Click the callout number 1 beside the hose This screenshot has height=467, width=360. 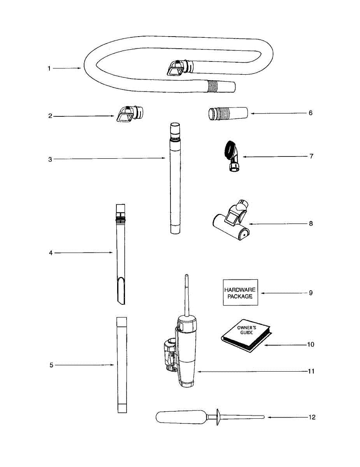click(49, 68)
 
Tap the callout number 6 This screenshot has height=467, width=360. click(310, 113)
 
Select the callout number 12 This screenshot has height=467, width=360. click(311, 417)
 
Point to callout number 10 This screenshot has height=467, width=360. click(311, 344)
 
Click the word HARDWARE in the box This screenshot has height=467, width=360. click(240, 290)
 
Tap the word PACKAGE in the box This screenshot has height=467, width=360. click(240, 296)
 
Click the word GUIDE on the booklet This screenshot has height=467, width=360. click(246, 333)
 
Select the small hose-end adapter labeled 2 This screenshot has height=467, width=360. click(130, 113)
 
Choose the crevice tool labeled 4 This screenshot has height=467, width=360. click(120, 253)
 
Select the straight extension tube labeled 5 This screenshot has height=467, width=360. click(121, 365)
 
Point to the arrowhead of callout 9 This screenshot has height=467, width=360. click(262, 293)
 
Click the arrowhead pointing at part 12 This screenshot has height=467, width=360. click(269, 417)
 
